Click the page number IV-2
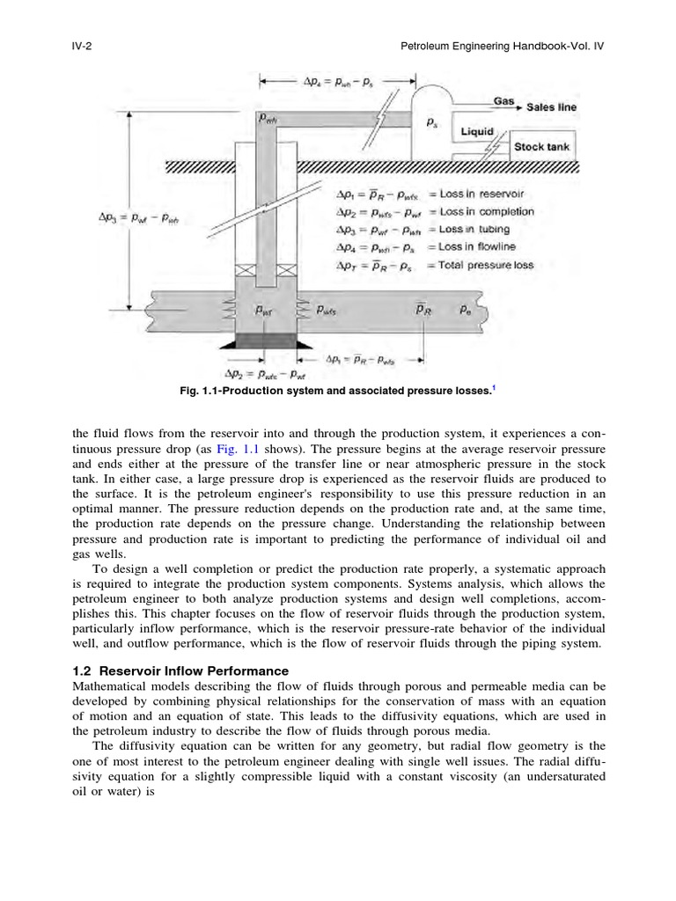pos(82,45)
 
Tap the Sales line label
pos(552,107)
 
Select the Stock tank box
pos(542,147)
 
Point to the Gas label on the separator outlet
pos(503,101)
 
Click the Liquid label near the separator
pos(478,132)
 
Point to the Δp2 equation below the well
pos(264,372)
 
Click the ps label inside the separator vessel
pos(432,124)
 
